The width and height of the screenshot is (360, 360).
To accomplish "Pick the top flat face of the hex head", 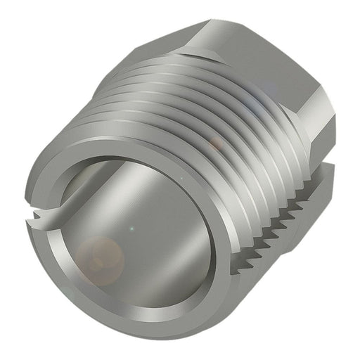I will (x=232, y=39).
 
